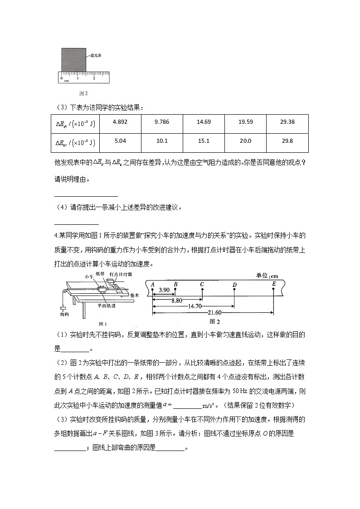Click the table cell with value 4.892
coord(120,122)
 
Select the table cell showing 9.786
coord(162,122)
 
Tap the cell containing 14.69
coord(204,122)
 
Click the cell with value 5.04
coord(120,141)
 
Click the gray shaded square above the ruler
coord(74,58)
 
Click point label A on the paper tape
coord(153,284)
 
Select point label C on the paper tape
coord(202,284)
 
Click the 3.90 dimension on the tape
coord(164,290)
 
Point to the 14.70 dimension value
coord(194,306)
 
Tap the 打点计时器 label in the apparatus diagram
coord(121,275)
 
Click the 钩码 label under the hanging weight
coord(64,313)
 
